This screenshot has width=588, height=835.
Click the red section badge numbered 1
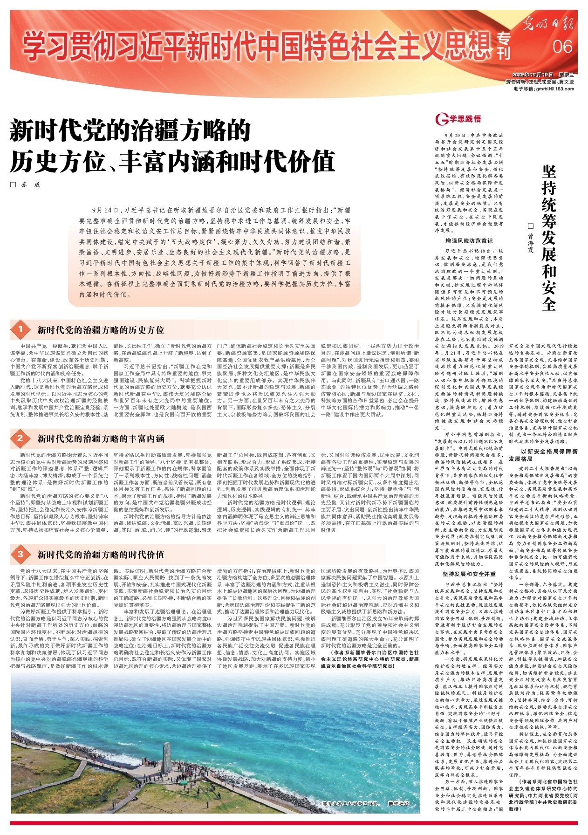point(21,330)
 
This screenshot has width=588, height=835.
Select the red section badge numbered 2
point(21,438)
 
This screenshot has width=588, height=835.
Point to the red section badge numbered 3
point(21,554)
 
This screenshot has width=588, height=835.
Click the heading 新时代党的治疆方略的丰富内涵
point(101,438)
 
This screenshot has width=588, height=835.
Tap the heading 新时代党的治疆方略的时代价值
point(101,554)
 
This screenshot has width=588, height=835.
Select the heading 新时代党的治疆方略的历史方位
point(101,330)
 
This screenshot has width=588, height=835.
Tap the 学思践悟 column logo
point(458,119)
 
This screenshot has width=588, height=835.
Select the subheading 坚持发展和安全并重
point(469,574)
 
